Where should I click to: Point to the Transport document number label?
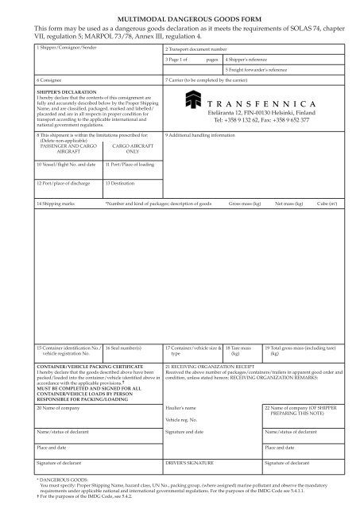click(x=197, y=49)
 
